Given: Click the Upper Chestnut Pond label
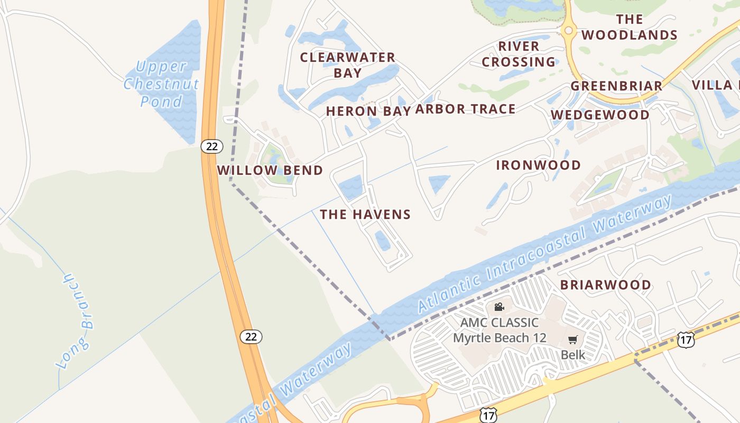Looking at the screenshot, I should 161,84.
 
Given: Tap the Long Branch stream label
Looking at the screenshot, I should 76,321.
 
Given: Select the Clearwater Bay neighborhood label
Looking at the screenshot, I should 347,65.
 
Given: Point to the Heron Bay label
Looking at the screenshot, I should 368,111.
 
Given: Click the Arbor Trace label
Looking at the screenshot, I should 465,109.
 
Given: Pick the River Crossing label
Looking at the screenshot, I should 519,54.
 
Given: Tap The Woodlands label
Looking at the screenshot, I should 629,27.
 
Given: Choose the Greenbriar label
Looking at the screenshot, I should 616,86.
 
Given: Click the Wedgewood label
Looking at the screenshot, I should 600,115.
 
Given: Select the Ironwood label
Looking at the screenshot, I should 538,165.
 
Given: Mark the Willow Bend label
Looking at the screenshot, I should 270,170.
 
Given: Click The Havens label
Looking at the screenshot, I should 365,214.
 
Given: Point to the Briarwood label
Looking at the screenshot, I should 606,284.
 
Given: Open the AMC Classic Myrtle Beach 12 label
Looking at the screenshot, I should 499,330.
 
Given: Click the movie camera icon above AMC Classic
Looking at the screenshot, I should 499,307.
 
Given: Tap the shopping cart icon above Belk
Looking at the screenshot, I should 573,339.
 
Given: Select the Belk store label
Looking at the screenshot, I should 573,355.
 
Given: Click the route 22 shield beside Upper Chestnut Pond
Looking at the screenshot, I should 211,146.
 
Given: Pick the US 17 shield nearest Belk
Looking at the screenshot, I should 686,340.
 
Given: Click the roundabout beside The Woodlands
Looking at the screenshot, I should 569,31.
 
